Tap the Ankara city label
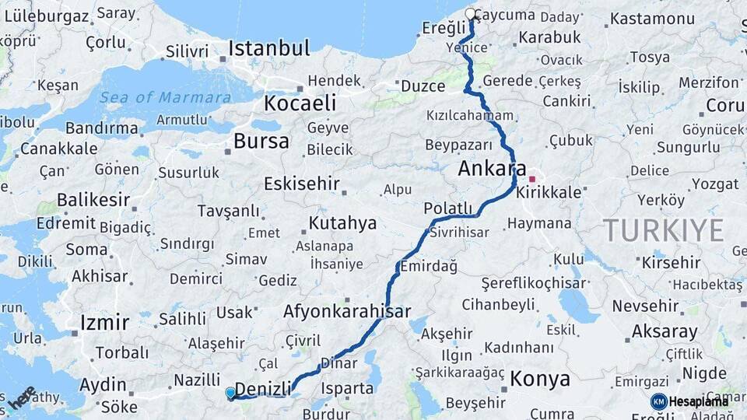492,168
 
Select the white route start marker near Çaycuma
470,14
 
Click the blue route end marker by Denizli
230,393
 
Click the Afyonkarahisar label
347,311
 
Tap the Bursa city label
261,142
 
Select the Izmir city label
104,323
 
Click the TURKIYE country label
663,230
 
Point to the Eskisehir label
302,184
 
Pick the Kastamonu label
652,19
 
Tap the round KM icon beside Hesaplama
659,401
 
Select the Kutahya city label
342,224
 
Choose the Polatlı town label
447,208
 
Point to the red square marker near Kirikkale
532,179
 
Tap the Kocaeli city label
300,103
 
